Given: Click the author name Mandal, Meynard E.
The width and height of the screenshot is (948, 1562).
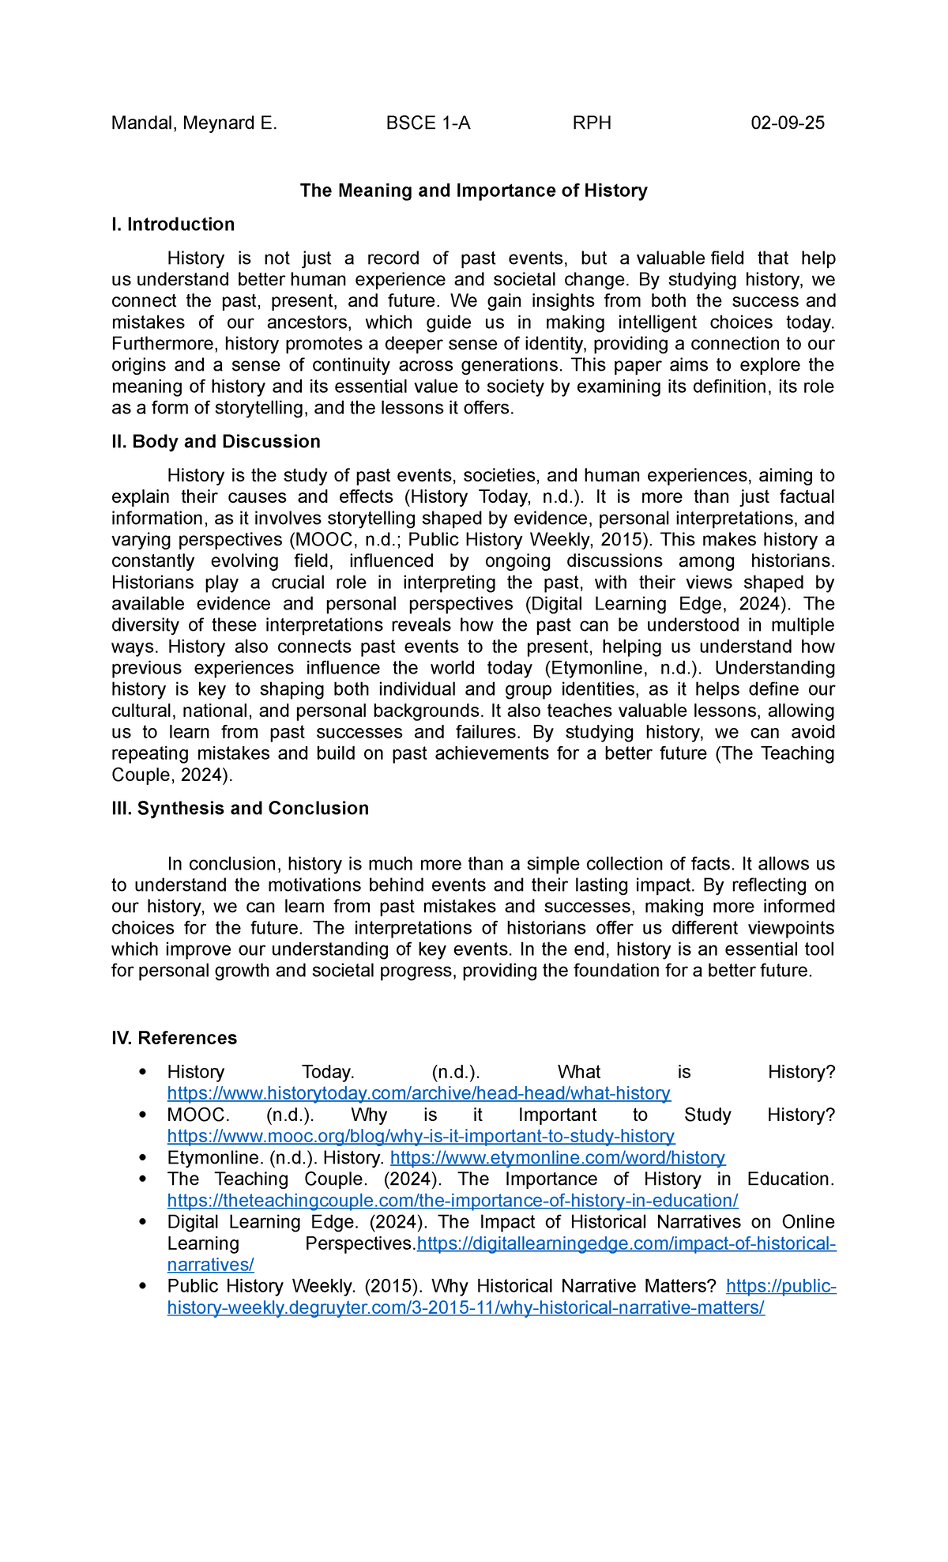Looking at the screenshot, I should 194,123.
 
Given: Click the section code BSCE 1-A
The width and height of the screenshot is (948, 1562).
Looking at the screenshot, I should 427,123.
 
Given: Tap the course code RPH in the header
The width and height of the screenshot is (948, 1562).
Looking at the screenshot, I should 592,123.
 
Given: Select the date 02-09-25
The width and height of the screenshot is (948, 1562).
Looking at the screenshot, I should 787,123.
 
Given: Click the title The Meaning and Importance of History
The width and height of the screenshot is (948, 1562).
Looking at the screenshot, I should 473,191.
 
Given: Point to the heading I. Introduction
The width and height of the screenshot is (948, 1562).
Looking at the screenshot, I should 173,224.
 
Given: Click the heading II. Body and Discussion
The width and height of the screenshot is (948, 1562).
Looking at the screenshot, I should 216,441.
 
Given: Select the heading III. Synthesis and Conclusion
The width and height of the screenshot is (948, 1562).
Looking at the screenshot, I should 240,808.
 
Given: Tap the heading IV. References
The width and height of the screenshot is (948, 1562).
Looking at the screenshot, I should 174,1038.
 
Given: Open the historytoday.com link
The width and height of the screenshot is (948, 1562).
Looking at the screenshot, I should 419,1093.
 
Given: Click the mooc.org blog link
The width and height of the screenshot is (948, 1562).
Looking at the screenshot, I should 420,1136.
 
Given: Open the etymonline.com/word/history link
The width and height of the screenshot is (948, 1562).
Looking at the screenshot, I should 557,1157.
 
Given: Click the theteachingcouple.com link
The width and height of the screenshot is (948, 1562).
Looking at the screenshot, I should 452,1200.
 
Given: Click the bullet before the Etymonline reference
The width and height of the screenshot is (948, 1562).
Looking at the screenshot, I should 142,1157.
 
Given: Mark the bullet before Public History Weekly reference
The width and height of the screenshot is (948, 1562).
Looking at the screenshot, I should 142,1286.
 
